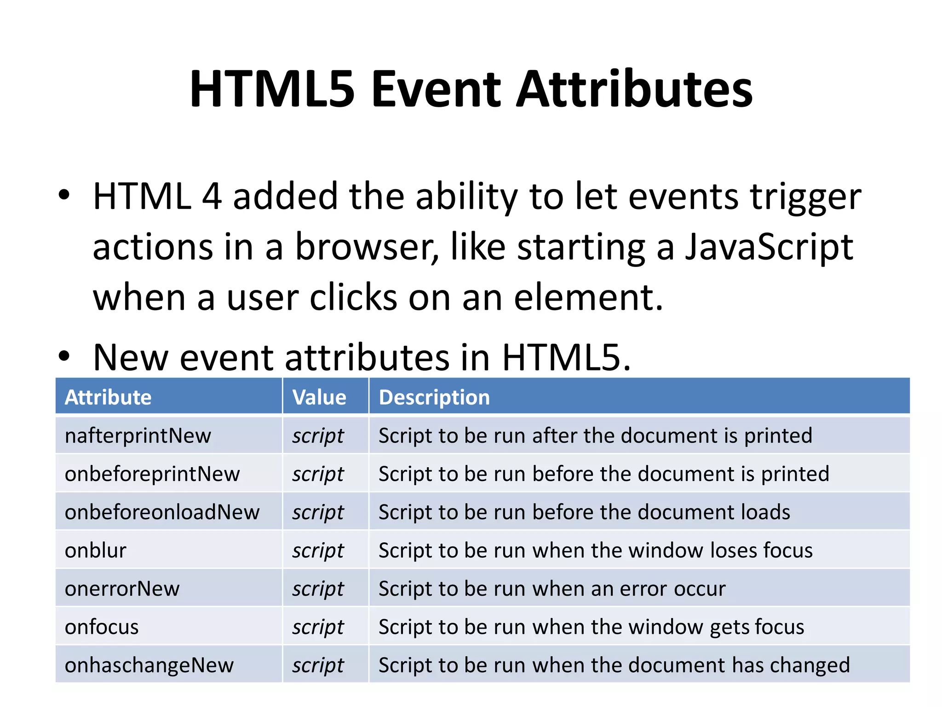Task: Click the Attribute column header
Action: click(x=108, y=397)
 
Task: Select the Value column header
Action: click(x=319, y=397)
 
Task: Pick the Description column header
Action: click(x=434, y=397)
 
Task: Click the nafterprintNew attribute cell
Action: click(x=138, y=435)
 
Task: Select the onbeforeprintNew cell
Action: click(x=152, y=474)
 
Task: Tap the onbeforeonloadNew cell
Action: click(x=162, y=512)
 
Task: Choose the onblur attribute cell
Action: click(x=96, y=551)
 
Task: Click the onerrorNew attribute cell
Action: click(x=122, y=589)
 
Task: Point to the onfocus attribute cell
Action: click(x=102, y=627)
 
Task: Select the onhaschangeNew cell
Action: click(x=149, y=665)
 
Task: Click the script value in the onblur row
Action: click(x=318, y=551)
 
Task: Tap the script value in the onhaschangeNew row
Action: click(x=318, y=665)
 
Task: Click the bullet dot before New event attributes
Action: click(x=64, y=356)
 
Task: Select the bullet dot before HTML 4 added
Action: click(x=64, y=195)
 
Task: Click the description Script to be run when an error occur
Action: click(x=552, y=589)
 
